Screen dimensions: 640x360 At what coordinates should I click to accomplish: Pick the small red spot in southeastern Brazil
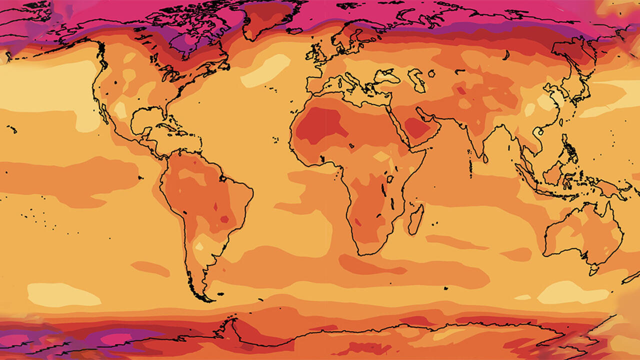pos(224,219)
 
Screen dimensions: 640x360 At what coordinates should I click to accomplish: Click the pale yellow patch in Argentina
pos(199,246)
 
